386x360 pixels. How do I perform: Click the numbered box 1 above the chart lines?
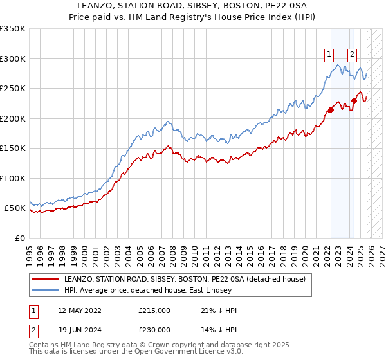pyautogui.click(x=329, y=55)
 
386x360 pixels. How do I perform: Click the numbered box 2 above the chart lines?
pyautogui.click(x=353, y=55)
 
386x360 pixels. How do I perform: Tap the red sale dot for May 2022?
pyautogui.click(x=331, y=109)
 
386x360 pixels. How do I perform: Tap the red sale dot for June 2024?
pyautogui.click(x=354, y=100)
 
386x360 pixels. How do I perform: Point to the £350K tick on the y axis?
pyautogui.click(x=13, y=29)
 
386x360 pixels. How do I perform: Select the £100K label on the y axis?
pyautogui.click(x=13, y=178)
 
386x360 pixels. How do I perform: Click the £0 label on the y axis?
pyautogui.click(x=19, y=238)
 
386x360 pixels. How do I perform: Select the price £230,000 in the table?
pyautogui.click(x=154, y=329)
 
